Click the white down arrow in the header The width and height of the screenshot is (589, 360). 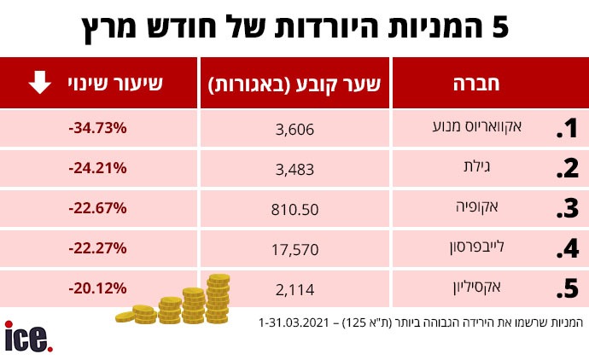[39, 84]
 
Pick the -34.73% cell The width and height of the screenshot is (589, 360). [96, 129]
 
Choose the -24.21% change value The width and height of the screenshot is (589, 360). [96, 168]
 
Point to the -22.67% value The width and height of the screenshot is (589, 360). [96, 208]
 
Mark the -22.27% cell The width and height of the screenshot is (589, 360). [96, 248]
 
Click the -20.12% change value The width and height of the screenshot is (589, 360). [96, 288]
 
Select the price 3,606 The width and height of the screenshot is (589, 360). [294, 130]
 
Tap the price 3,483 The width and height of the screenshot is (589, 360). [294, 169]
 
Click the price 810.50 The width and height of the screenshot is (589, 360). [294, 209]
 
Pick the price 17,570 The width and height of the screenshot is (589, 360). [294, 249]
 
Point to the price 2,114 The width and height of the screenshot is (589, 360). [294, 289]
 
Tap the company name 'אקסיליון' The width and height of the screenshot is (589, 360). [493, 287]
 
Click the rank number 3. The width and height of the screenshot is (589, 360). [567, 210]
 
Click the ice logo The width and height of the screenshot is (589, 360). [28, 335]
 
